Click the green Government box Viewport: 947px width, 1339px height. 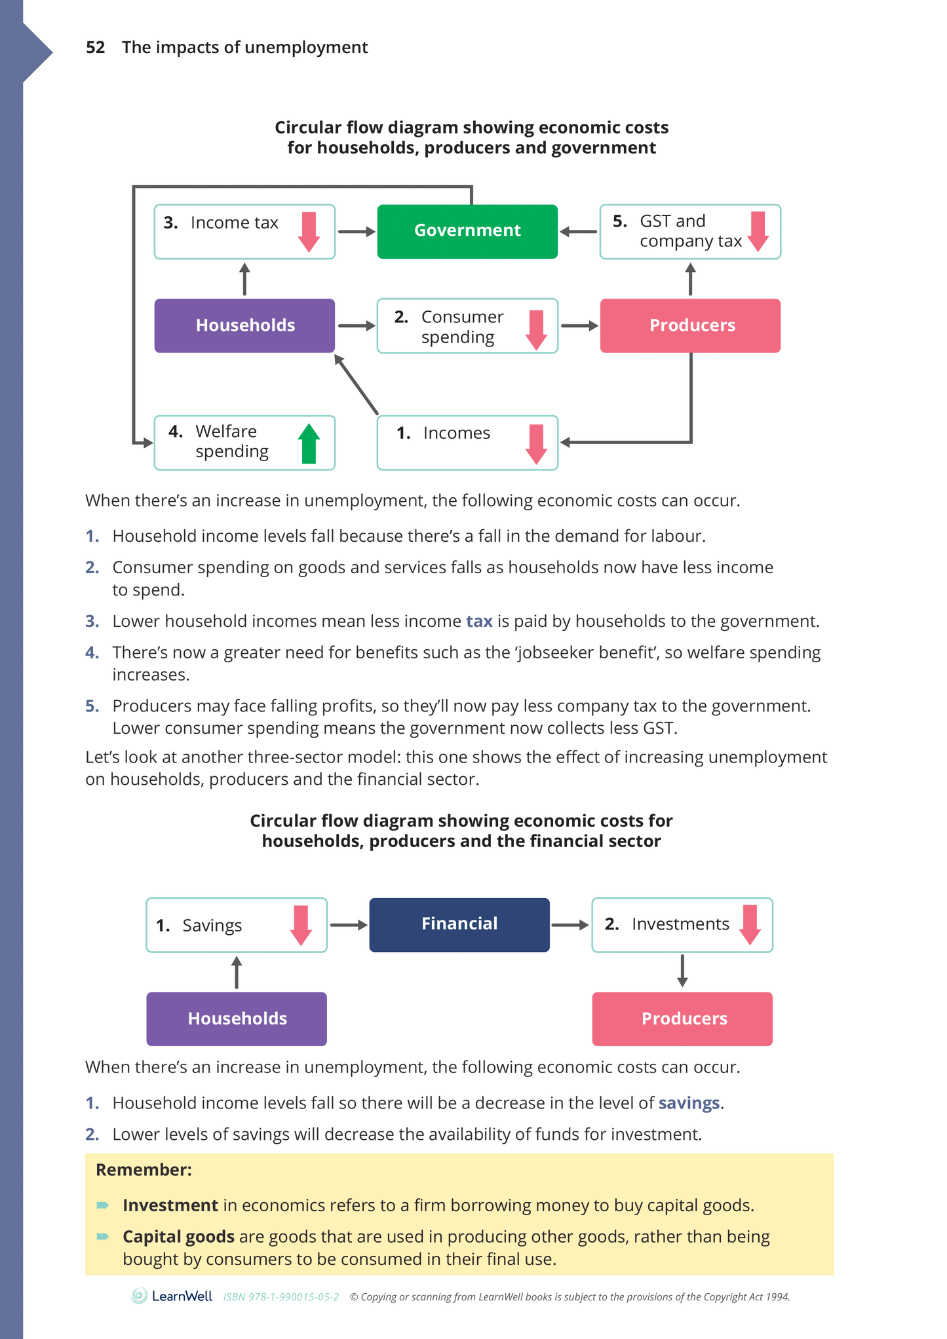(467, 231)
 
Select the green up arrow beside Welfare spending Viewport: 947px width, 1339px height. (309, 443)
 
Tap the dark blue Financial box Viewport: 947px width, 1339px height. (459, 924)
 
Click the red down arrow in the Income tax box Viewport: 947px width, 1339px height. (309, 232)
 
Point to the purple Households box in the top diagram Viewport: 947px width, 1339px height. (244, 326)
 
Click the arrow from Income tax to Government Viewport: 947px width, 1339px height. (356, 232)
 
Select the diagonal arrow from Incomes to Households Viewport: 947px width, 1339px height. (357, 385)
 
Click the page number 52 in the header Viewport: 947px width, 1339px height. (95, 48)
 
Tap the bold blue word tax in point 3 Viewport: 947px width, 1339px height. (479, 621)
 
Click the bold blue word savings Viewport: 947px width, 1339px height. (688, 1103)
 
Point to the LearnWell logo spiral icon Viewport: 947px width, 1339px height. (139, 1296)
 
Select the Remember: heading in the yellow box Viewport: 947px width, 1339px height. (144, 1170)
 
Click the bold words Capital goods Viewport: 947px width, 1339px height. (178, 1237)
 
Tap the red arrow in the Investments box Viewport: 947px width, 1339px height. (750, 924)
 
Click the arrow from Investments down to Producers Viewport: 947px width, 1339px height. (682, 971)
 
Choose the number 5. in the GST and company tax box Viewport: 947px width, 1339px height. (619, 221)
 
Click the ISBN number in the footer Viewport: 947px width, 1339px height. (281, 1297)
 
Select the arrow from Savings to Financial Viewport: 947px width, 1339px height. (348, 925)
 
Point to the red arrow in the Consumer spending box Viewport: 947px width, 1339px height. (536, 330)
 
